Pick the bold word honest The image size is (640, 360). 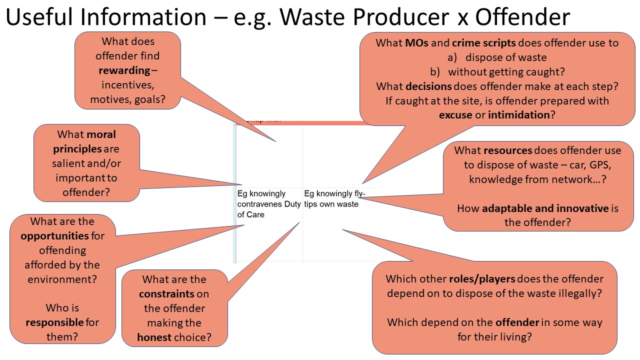pyautogui.click(x=154, y=337)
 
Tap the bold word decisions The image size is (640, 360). pyautogui.click(x=428, y=86)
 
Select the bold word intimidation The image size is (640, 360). pyautogui.click(x=518, y=115)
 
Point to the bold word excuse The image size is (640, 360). pyautogui.click(x=455, y=115)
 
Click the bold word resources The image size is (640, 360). pyautogui.click(x=508, y=150)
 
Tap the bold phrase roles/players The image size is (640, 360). pyautogui.click(x=482, y=279)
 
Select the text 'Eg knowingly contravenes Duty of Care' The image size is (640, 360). pyautogui.click(x=269, y=204)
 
